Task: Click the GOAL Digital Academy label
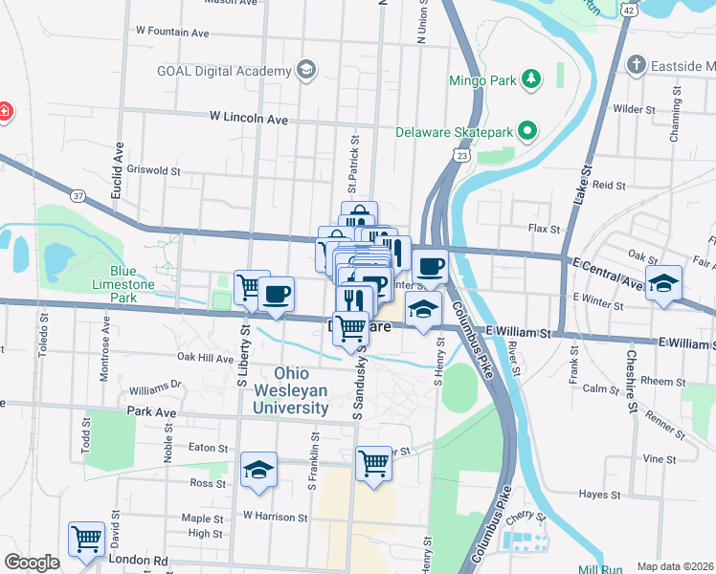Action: tap(224, 72)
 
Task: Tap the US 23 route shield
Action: tap(462, 155)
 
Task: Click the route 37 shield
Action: tap(78, 196)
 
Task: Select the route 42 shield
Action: tap(628, 9)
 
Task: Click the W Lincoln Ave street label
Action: tap(249, 119)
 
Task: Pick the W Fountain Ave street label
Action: tap(172, 32)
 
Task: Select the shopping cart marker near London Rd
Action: tap(86, 539)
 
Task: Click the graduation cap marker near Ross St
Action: tap(258, 469)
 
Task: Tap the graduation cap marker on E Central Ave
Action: tap(663, 282)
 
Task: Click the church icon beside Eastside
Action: tap(636, 65)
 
